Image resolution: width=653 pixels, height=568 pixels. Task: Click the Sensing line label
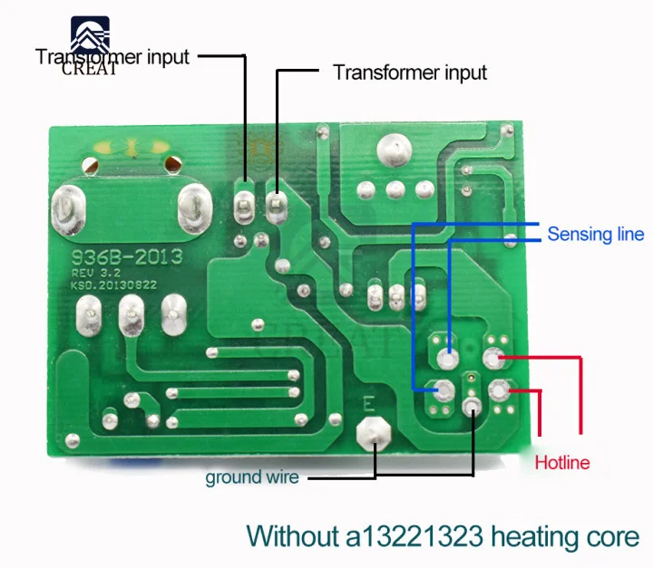[x=595, y=235]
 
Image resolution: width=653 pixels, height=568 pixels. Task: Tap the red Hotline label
[x=562, y=463]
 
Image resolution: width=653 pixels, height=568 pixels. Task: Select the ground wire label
[x=251, y=477]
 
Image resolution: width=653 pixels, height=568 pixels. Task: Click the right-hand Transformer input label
[x=410, y=72]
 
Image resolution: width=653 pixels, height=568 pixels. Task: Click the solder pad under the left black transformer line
[x=245, y=203]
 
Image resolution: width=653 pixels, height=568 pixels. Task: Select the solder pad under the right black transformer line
[x=277, y=205]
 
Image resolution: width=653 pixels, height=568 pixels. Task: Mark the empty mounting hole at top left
[x=89, y=167]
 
